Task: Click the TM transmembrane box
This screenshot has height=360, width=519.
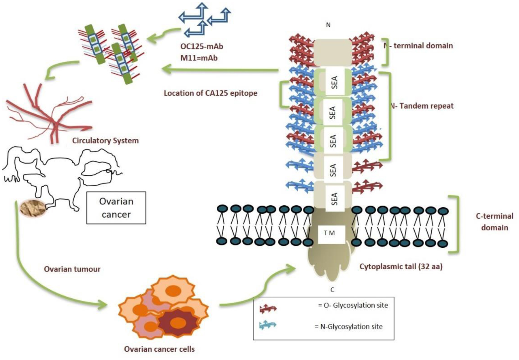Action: click(x=330, y=233)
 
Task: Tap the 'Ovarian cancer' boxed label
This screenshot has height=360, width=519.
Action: click(x=116, y=208)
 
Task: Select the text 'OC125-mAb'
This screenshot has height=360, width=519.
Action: click(x=202, y=46)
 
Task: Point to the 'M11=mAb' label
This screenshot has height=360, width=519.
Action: click(x=199, y=58)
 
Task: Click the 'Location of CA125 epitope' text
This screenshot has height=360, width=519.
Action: click(x=210, y=93)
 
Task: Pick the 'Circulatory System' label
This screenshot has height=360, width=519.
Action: click(x=105, y=140)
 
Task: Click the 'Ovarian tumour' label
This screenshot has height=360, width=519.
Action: click(x=72, y=269)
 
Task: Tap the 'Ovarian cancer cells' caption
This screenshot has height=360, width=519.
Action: click(x=159, y=349)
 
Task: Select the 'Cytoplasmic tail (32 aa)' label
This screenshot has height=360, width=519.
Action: click(x=401, y=266)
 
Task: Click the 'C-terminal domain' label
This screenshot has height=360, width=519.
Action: click(x=494, y=222)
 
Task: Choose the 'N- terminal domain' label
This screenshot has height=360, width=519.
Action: click(x=419, y=45)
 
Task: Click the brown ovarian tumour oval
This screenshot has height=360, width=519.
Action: click(x=32, y=208)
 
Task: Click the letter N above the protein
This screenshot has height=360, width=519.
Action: click(x=328, y=25)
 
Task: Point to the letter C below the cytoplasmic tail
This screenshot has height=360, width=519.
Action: click(x=332, y=290)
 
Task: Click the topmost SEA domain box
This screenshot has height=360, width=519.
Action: click(x=334, y=82)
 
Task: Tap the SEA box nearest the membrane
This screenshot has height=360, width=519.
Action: click(x=334, y=199)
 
